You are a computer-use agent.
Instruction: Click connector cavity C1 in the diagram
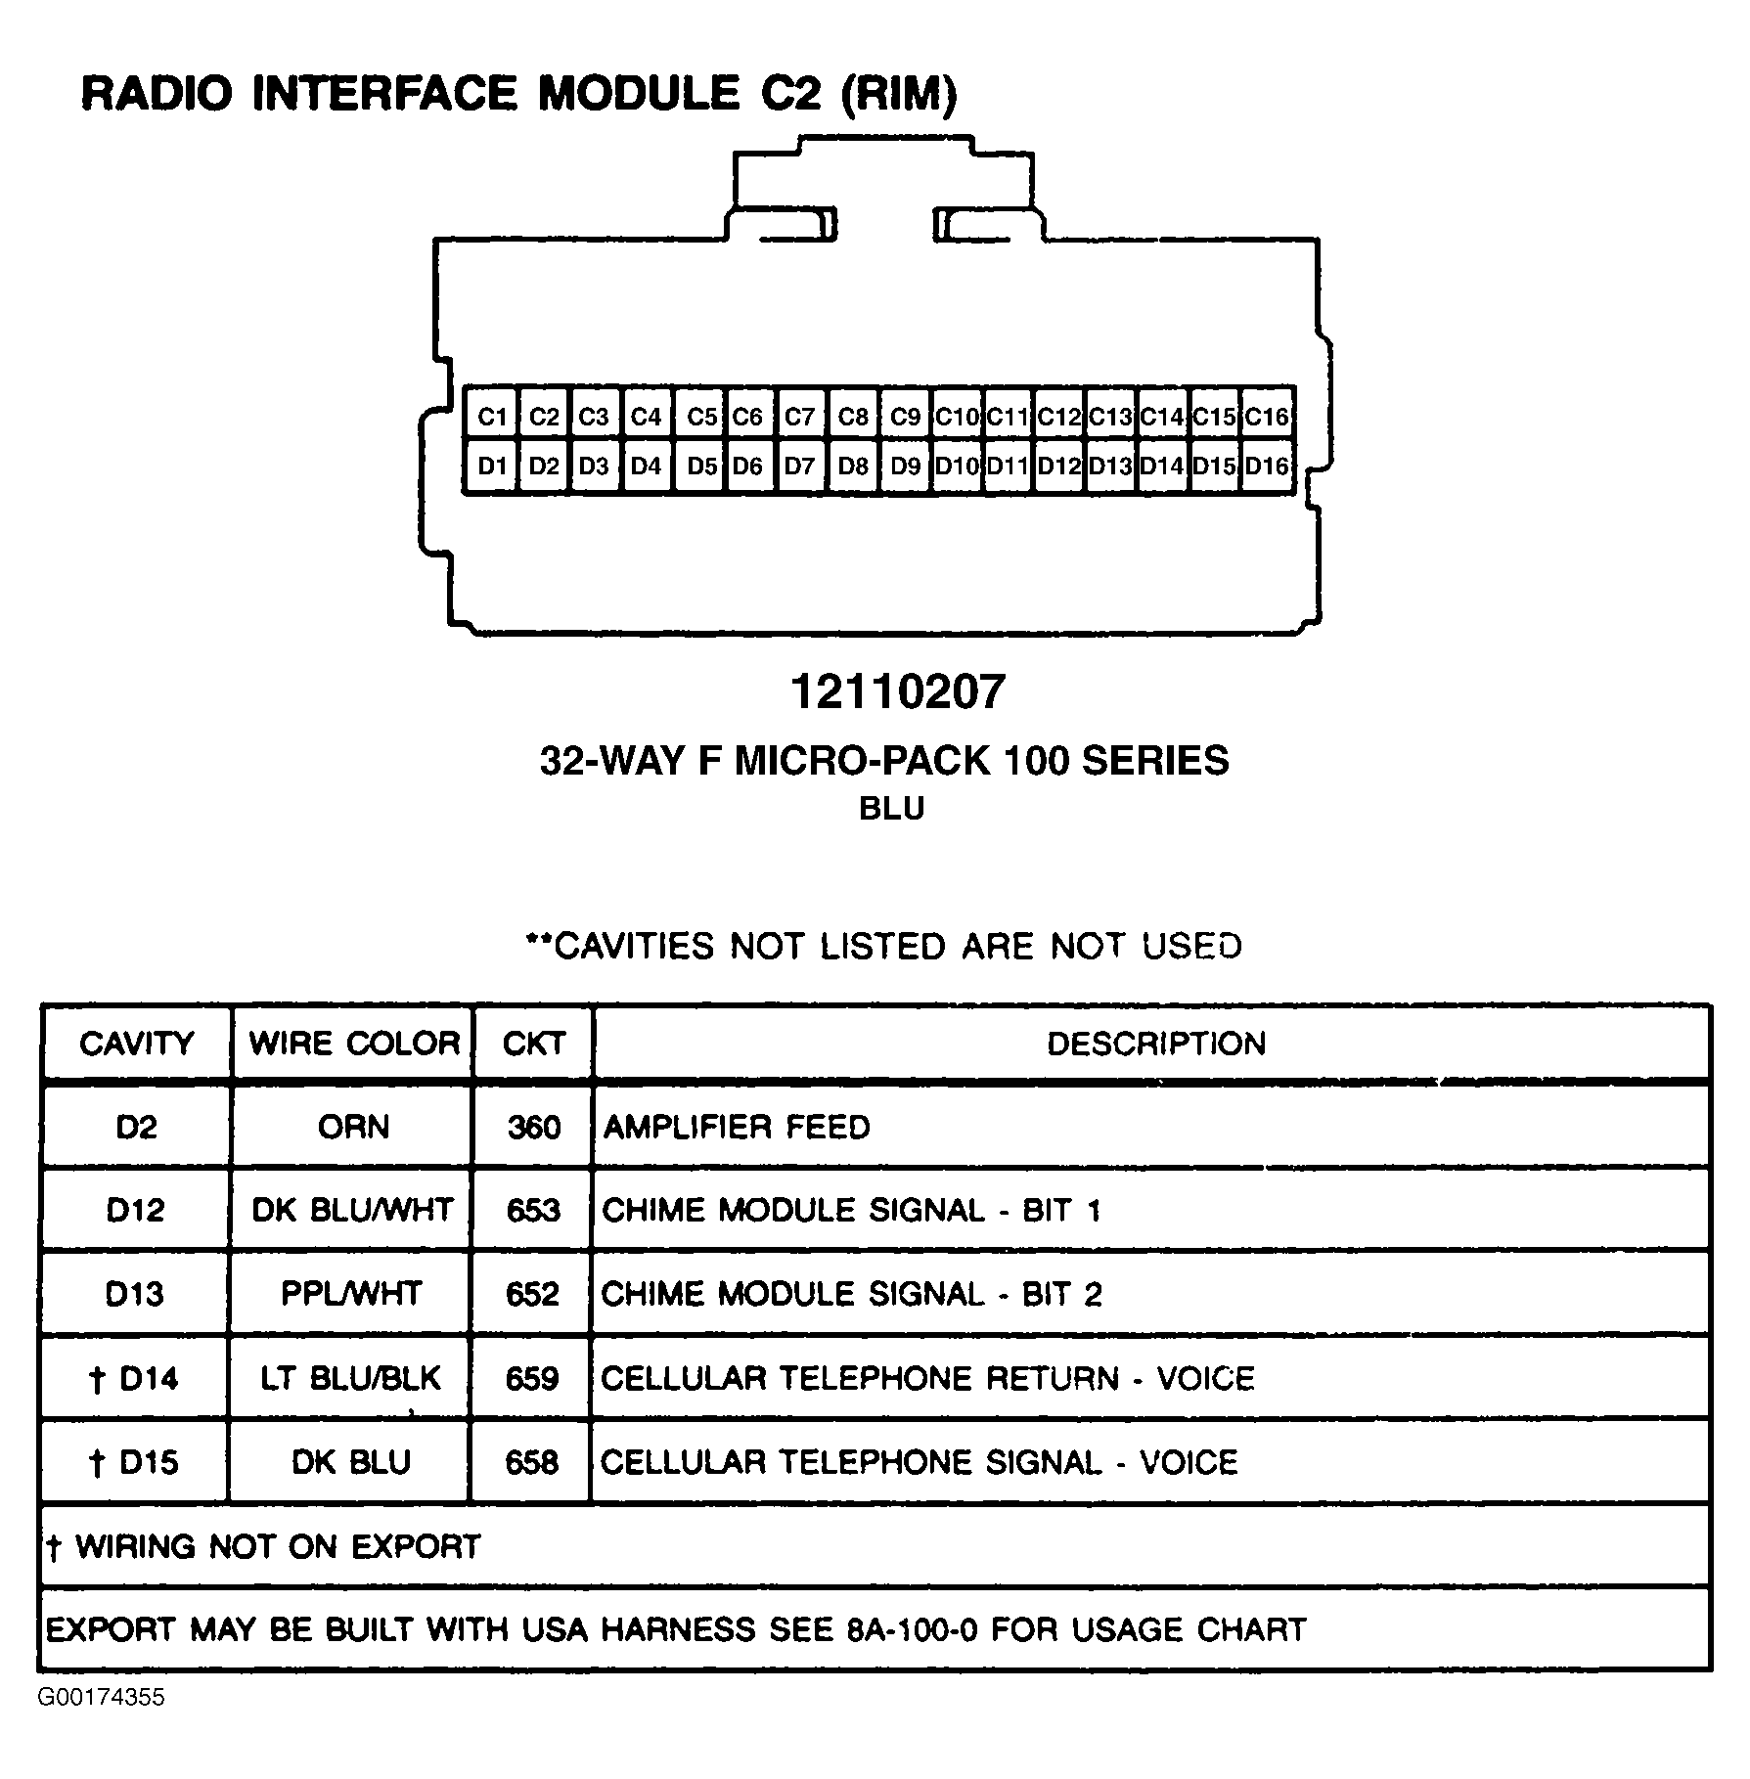point(492,418)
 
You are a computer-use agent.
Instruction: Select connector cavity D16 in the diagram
point(1267,467)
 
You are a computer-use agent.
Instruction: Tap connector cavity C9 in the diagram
point(905,418)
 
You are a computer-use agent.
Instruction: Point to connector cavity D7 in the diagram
point(799,467)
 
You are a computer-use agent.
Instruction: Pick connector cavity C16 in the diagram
point(1267,418)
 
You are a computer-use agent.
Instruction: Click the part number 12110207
point(897,692)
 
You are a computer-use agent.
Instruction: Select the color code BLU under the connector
point(891,809)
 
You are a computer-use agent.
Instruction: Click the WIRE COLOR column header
point(354,1043)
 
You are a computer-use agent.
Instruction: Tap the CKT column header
point(533,1043)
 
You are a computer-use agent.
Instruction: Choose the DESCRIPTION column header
point(1155,1044)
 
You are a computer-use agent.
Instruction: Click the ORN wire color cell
point(353,1127)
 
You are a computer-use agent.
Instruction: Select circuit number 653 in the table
point(533,1211)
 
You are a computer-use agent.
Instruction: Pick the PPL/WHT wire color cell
point(350,1294)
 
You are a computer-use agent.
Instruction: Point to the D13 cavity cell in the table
point(134,1294)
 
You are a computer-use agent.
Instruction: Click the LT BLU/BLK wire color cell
point(350,1378)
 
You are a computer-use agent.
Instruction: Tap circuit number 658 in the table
point(531,1462)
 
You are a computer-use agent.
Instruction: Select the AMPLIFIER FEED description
point(736,1127)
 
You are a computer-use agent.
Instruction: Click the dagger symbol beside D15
point(96,1463)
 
